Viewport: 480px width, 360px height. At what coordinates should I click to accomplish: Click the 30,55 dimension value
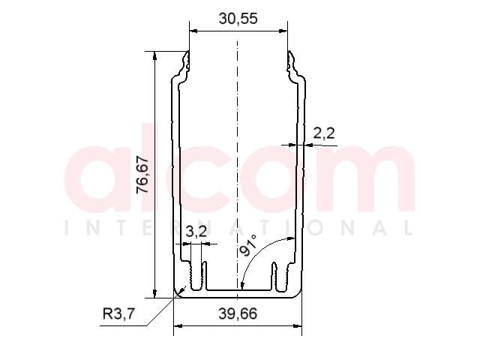click(x=238, y=19)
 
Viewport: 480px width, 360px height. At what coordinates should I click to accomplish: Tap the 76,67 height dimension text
click(x=142, y=175)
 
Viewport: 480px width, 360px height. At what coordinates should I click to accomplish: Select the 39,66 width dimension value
click(x=238, y=313)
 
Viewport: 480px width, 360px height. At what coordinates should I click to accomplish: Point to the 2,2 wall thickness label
click(x=324, y=133)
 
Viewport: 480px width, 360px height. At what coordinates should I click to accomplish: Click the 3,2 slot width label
click(x=196, y=232)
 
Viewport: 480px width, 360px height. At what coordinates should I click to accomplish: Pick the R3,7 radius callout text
click(x=118, y=313)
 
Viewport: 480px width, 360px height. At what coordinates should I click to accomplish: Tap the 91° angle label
click(x=248, y=245)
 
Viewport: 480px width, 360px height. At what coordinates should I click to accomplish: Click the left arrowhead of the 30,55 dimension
click(x=193, y=31)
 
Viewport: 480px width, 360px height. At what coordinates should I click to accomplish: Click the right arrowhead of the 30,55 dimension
click(x=283, y=31)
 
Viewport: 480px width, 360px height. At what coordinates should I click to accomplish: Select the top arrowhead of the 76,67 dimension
click(x=155, y=55)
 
